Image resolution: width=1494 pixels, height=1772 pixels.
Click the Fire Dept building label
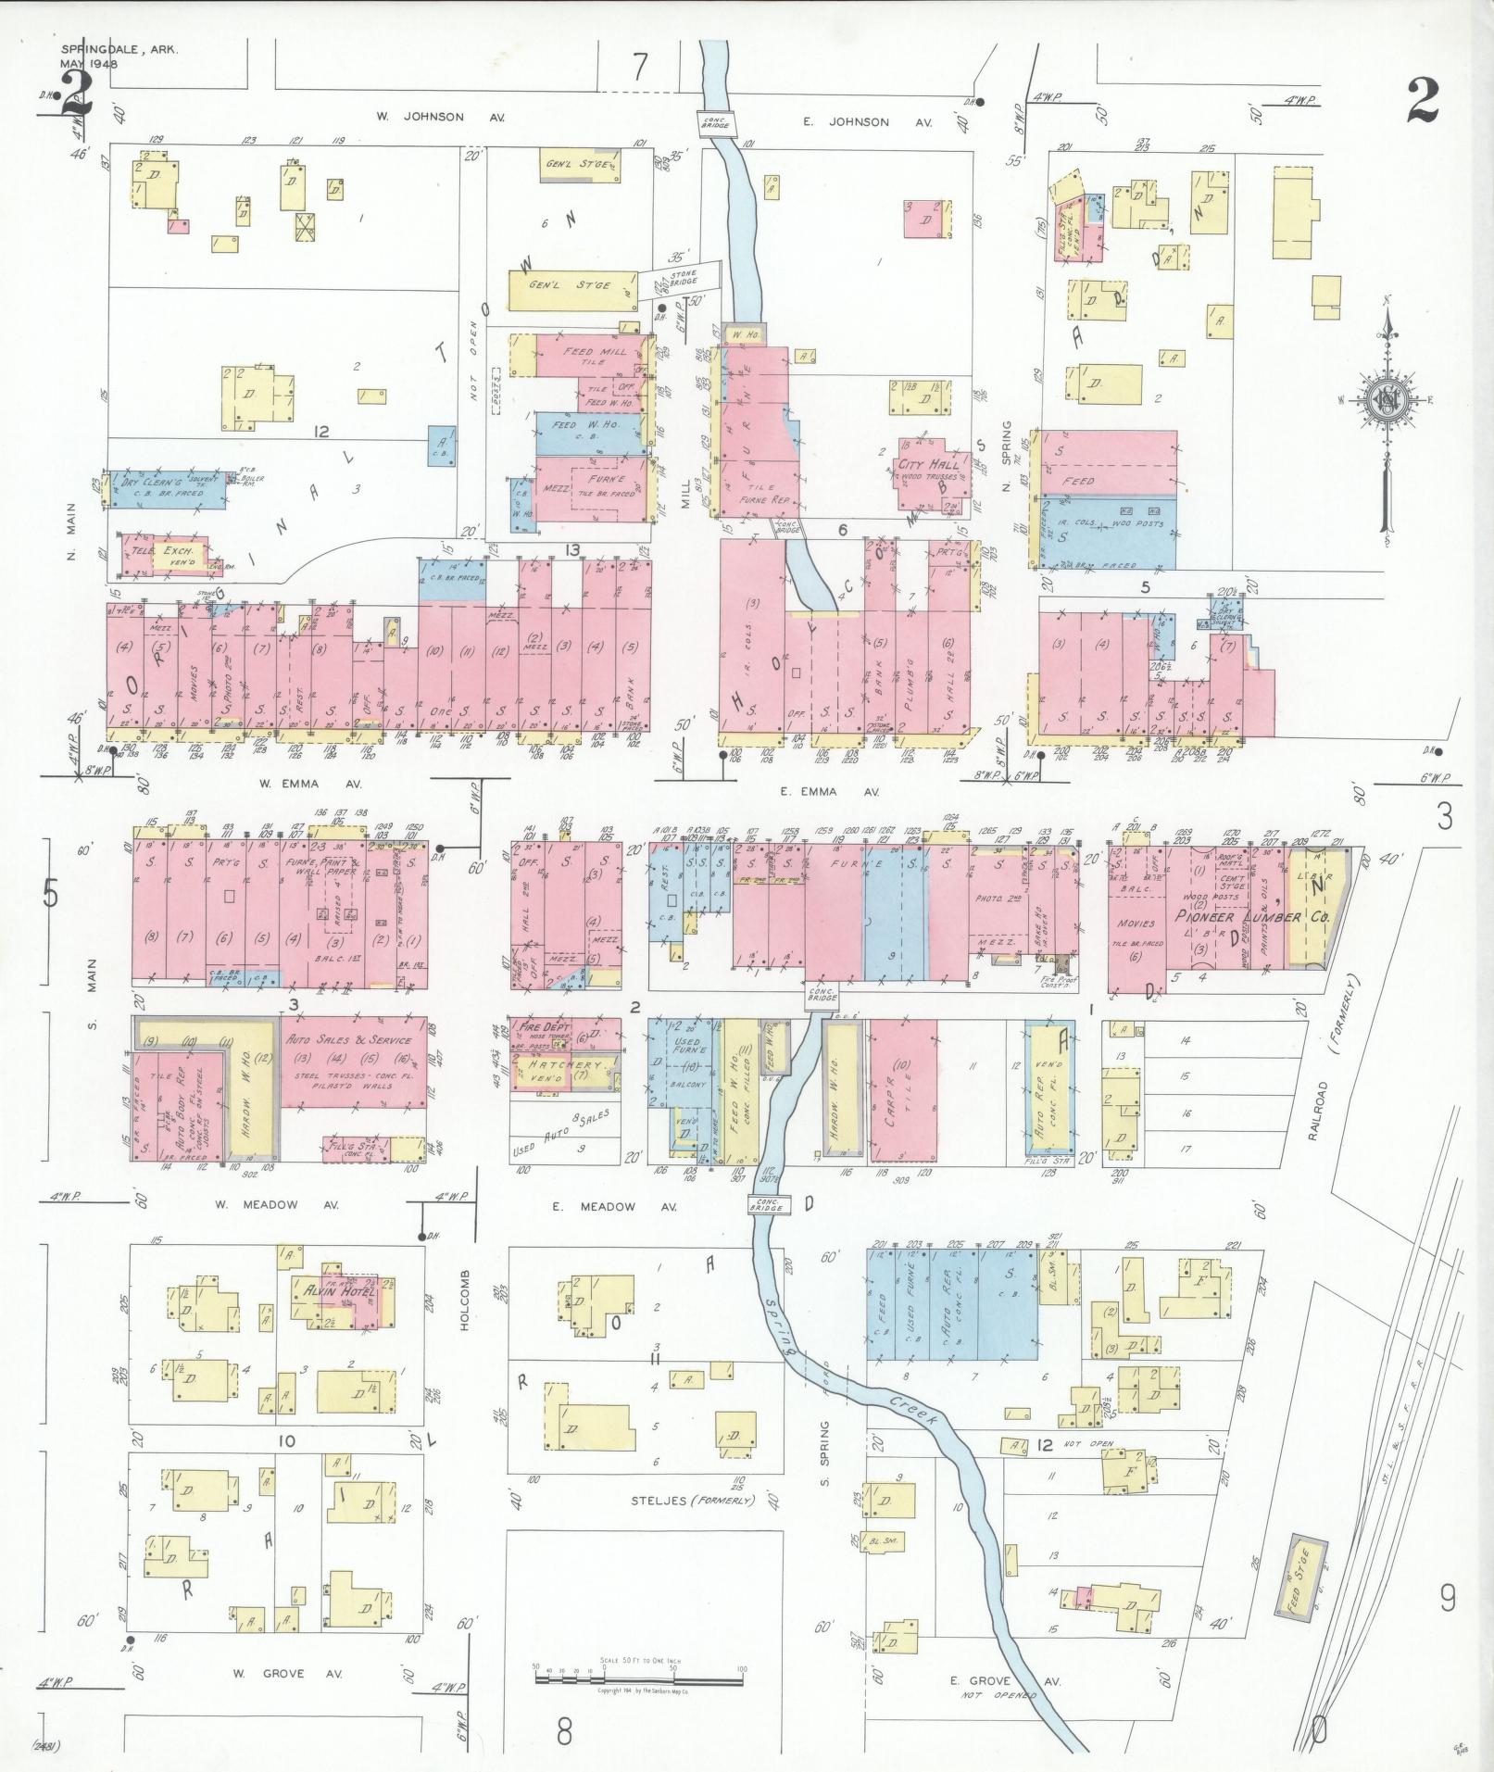545,1027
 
